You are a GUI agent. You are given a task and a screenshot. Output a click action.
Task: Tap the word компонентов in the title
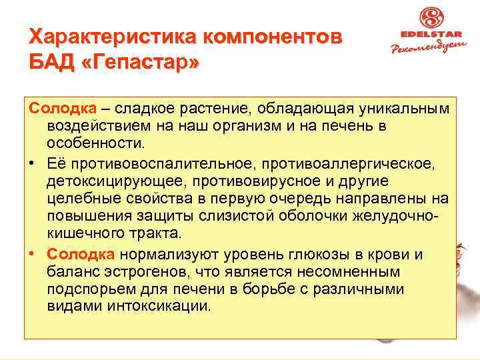(x=263, y=37)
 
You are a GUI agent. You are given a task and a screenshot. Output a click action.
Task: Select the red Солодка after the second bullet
(x=81, y=255)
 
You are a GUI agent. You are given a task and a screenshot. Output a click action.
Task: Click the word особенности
(x=94, y=142)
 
